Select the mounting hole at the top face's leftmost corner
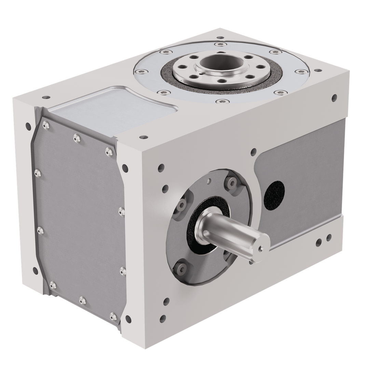coord(44,97)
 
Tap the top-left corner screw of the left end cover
coord(46,127)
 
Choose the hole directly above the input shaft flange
coord(254,150)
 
